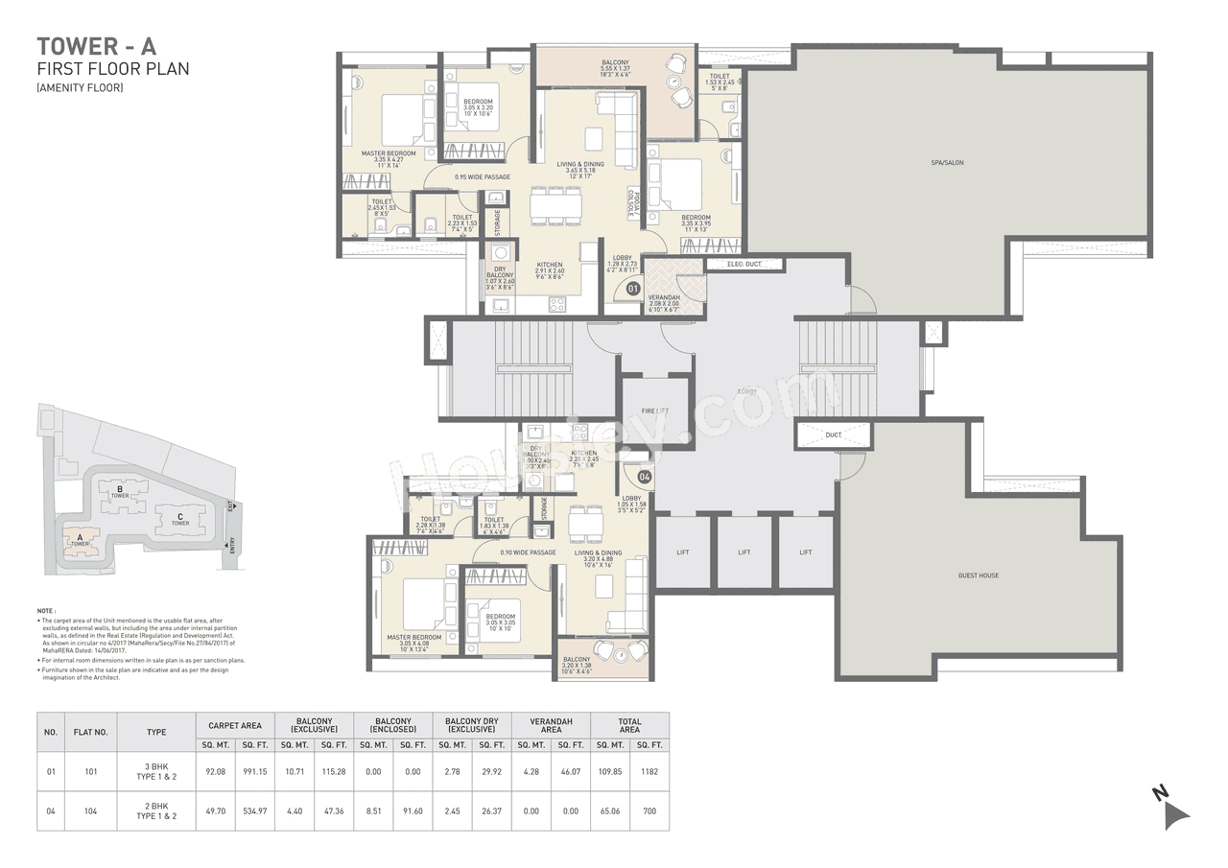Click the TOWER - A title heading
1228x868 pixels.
[95, 45]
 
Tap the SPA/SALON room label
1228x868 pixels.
[946, 163]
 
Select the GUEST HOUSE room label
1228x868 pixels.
[978, 575]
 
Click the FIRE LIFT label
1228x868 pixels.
[654, 411]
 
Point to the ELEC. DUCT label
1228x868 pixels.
[744, 264]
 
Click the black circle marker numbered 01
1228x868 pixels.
[632, 287]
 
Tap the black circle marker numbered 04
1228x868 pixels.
[645, 476]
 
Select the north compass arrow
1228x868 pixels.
[1171, 809]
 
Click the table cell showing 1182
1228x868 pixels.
[649, 771]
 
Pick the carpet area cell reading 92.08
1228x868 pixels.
[214, 771]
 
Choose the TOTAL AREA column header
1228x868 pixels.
[629, 725]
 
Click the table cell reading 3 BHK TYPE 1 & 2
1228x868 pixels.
[156, 771]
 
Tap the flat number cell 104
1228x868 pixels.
[91, 810]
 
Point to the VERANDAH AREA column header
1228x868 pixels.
[551, 725]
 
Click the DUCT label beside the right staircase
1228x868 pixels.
[833, 435]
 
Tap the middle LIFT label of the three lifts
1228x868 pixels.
[744, 552]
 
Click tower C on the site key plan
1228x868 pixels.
[178, 519]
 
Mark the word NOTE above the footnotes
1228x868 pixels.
[45, 610]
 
